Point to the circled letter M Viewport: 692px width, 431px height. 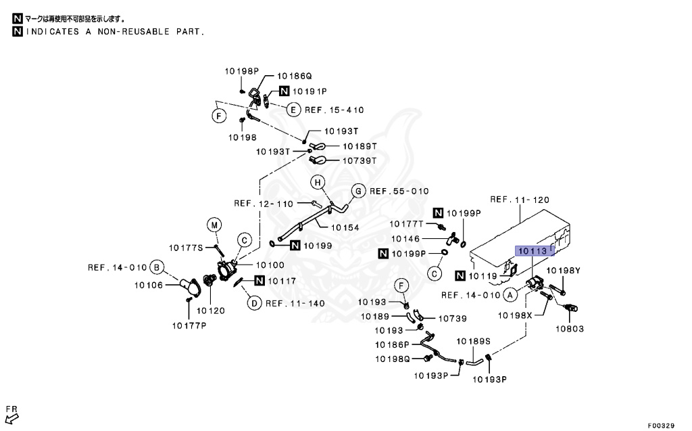214,225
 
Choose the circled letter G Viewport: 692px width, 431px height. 359,191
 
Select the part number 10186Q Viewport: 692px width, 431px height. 295,77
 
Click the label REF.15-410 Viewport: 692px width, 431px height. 334,110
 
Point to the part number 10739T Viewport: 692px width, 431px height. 359,160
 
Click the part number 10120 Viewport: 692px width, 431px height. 210,311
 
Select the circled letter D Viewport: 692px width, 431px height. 253,303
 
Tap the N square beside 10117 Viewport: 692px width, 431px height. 261,281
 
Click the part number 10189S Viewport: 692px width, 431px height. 473,341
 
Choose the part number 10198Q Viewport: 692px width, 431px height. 394,359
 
